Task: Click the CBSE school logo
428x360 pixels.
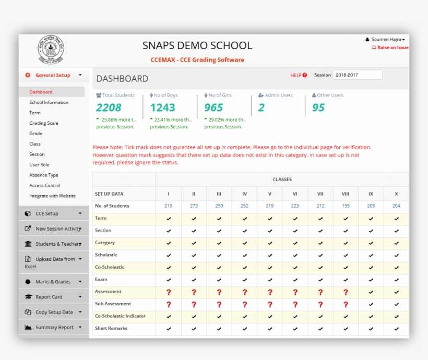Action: tap(51, 51)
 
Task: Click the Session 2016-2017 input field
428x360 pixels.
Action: tap(357, 75)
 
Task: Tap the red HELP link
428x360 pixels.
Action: tap(299, 75)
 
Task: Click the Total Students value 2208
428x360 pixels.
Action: tap(109, 107)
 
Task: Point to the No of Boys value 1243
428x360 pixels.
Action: tap(162, 107)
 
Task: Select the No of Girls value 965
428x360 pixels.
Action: tap(213, 107)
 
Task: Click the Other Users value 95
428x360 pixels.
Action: tap(318, 107)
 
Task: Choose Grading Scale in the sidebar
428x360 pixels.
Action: tap(44, 123)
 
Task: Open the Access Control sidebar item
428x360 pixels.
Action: tap(45, 185)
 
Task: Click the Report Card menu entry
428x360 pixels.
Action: tap(49, 297)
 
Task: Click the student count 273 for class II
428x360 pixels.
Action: tap(194, 206)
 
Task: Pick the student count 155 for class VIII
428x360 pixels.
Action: tap(346, 206)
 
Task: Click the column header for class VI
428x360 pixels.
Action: tap(295, 194)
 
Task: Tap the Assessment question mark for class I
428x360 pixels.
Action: tap(169, 292)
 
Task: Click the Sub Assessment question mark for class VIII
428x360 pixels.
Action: tap(346, 304)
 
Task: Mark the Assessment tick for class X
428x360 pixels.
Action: tap(396, 292)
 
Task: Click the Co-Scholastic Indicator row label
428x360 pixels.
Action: tap(120, 316)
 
